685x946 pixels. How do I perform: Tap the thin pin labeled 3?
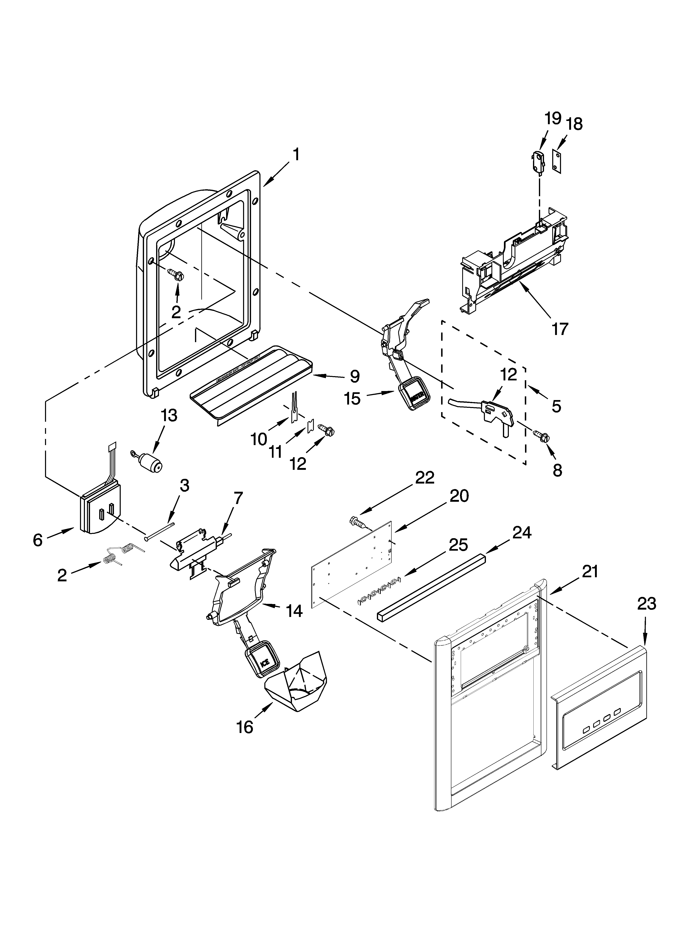tap(159, 531)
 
